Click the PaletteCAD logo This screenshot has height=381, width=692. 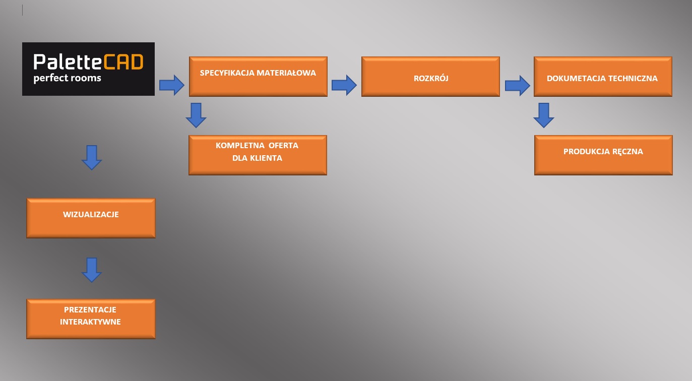coord(88,69)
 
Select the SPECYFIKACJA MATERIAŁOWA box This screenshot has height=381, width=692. coord(258,76)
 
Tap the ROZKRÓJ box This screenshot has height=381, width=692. coord(430,76)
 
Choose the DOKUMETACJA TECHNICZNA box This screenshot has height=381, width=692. coord(603,76)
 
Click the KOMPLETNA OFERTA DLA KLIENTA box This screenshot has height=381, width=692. coord(258,155)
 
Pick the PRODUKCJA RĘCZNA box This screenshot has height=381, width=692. coord(603,155)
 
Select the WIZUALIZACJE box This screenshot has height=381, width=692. coord(91,218)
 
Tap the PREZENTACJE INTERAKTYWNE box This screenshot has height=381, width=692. coord(91,319)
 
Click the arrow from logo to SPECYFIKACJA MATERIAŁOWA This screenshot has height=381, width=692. coord(172,85)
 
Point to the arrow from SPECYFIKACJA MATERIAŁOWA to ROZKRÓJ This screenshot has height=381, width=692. coord(344,85)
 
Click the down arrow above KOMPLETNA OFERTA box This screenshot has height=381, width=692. coord(196,115)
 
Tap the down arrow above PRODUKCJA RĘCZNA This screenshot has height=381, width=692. coord(543,115)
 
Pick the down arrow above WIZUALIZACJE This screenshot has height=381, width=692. coord(92,157)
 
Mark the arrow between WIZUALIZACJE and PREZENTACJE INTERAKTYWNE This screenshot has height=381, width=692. coord(92,270)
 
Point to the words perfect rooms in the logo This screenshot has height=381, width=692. coord(67,79)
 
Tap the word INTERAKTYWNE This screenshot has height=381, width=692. coord(91,322)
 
